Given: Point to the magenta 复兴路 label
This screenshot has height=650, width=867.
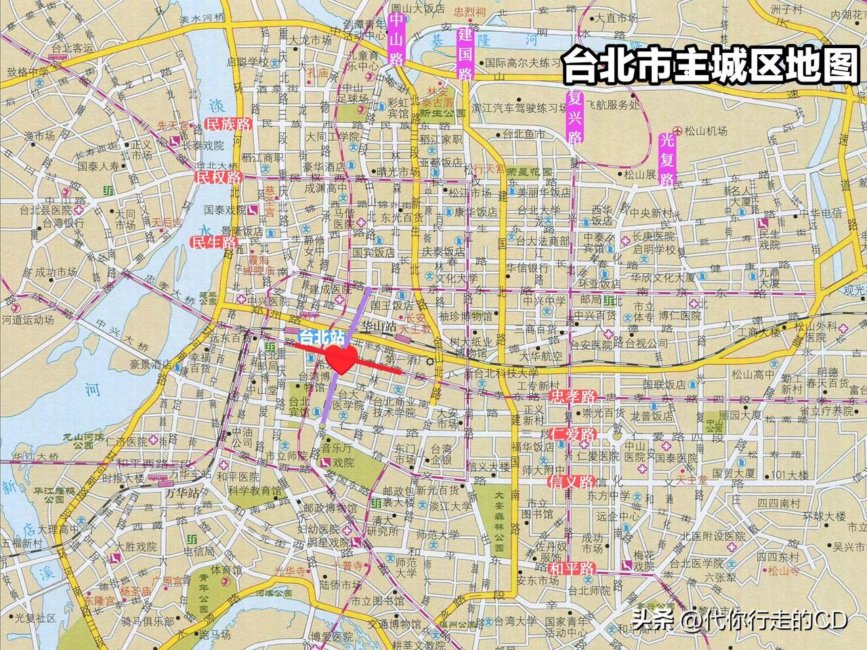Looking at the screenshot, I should tap(575, 115).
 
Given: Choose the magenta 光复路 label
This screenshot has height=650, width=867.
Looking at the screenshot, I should tap(668, 159).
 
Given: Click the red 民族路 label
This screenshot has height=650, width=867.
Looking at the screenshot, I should tap(228, 124).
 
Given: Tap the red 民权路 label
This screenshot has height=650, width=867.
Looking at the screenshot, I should tap(218, 178).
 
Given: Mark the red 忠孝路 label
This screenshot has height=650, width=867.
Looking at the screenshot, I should tap(572, 396).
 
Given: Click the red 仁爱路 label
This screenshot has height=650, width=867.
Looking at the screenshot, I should tap(572, 434).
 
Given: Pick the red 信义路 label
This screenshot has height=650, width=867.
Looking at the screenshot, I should tap(572, 482).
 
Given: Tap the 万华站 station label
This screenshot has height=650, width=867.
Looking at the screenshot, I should tap(181, 493).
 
